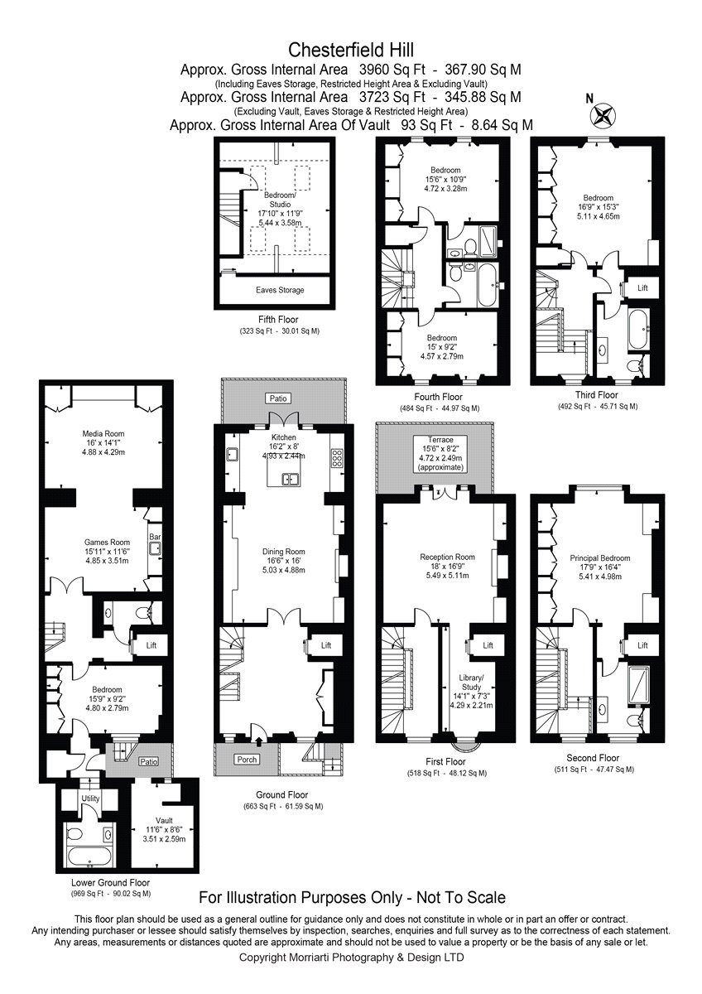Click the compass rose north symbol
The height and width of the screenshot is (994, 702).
(x=602, y=114)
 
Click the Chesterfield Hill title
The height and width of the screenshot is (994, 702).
(x=351, y=50)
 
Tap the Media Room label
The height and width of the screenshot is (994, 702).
(x=103, y=433)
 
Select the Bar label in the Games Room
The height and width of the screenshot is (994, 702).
(x=155, y=537)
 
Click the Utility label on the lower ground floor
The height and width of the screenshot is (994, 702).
(x=90, y=799)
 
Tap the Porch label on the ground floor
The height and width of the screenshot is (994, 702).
(x=247, y=760)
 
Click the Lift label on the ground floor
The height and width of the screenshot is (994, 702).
(x=326, y=645)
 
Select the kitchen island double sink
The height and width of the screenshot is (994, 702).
(x=291, y=479)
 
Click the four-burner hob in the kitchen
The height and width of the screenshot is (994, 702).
(x=337, y=458)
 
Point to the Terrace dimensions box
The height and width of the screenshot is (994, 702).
(x=440, y=453)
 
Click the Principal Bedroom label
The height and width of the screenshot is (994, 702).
(x=600, y=557)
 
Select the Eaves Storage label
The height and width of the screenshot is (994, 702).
(x=280, y=290)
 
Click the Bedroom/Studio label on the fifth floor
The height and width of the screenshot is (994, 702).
(x=281, y=200)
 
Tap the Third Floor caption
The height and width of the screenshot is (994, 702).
(x=597, y=394)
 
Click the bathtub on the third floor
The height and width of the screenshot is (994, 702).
(x=638, y=330)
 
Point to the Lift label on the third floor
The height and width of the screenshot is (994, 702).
(x=642, y=287)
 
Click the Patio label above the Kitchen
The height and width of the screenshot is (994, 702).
(x=278, y=398)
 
